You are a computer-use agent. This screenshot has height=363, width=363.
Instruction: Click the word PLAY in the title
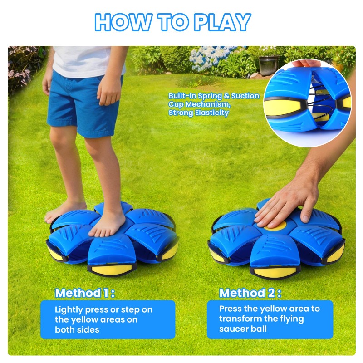(222, 22)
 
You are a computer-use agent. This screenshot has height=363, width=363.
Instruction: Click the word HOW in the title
(123, 22)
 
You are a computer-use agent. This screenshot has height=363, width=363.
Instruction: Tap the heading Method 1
(85, 293)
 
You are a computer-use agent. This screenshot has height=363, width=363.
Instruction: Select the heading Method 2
(250, 293)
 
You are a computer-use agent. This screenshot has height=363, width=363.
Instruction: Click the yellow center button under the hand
(275, 226)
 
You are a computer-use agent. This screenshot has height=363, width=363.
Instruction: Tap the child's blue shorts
(84, 104)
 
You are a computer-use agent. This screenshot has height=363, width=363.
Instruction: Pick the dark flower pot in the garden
(269, 65)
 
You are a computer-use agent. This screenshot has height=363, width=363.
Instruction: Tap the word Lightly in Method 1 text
(69, 310)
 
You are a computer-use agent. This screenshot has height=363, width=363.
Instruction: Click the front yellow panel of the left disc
(111, 270)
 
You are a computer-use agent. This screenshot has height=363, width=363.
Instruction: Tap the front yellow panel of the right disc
(275, 272)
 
